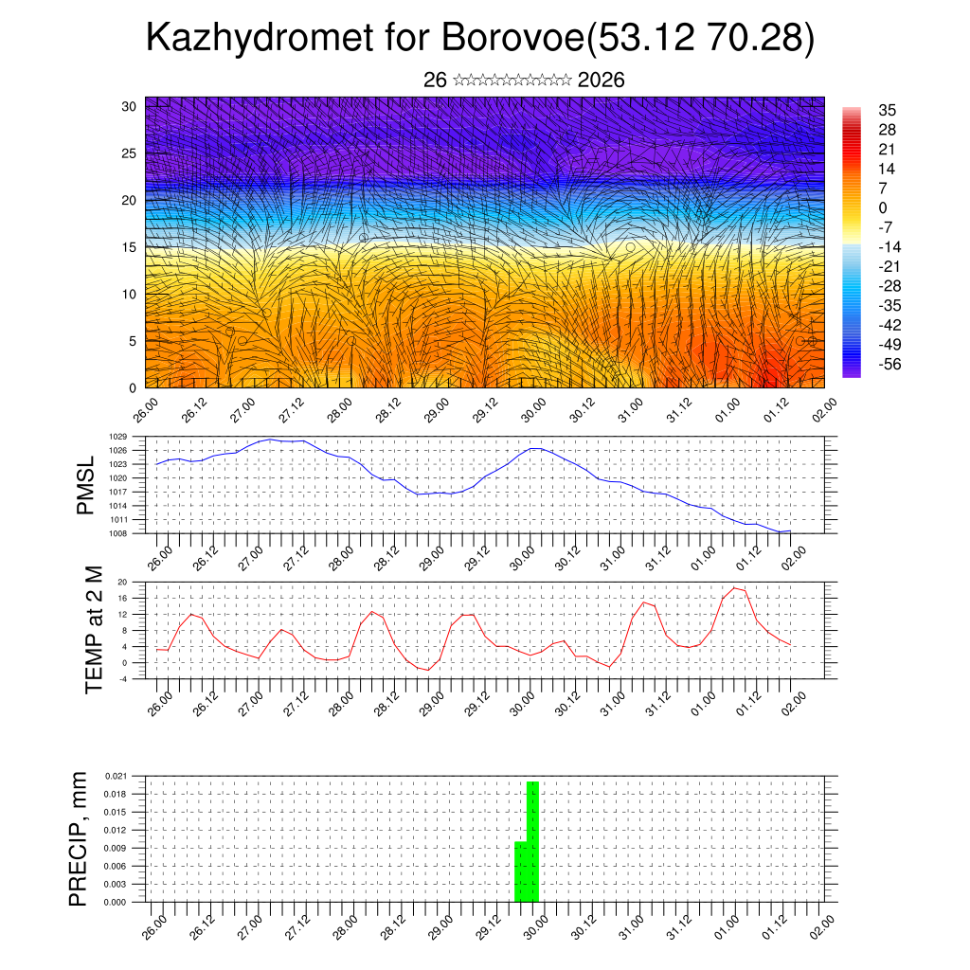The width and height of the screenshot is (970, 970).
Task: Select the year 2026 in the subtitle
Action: tap(601, 81)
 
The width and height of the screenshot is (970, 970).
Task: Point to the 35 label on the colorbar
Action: tap(888, 110)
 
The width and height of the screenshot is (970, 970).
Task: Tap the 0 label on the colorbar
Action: tap(883, 207)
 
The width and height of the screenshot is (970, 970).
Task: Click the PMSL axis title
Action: tap(85, 484)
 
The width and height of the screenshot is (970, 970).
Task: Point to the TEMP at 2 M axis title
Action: tap(94, 629)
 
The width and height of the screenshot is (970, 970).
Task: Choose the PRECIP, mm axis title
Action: tap(79, 838)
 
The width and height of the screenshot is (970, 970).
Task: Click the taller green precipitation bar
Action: tap(533, 841)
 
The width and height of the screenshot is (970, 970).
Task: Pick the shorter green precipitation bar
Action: tap(520, 871)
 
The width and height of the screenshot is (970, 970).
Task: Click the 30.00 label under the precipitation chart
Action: tap(532, 926)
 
